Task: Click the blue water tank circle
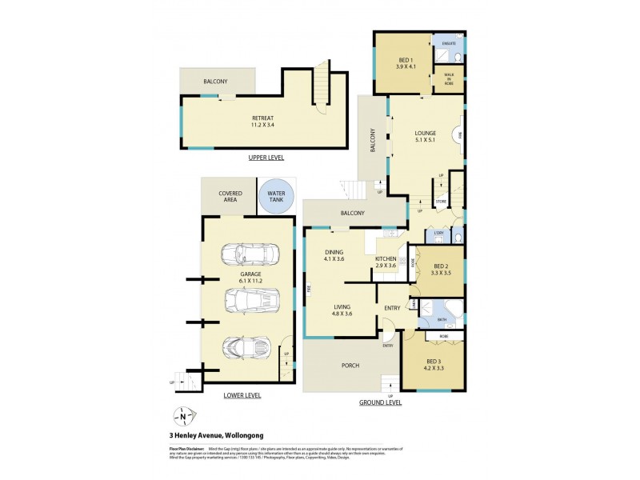point(276,196)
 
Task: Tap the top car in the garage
point(250,254)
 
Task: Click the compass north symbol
point(183,416)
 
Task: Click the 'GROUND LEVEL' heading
point(380,403)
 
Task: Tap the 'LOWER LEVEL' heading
point(242,395)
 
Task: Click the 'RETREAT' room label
point(262,118)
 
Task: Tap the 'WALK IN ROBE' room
point(449,78)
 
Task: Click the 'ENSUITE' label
point(449,42)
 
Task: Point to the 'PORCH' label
point(350,366)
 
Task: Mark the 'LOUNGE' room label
point(424,133)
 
